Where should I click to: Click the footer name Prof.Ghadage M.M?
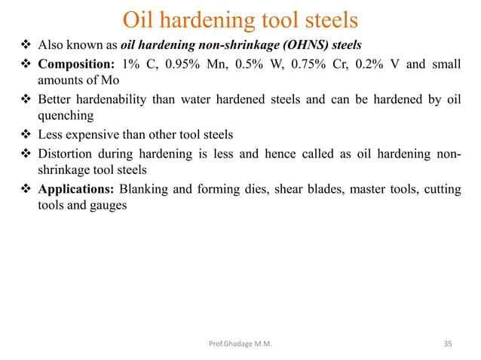(240, 344)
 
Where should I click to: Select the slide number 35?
(448, 344)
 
